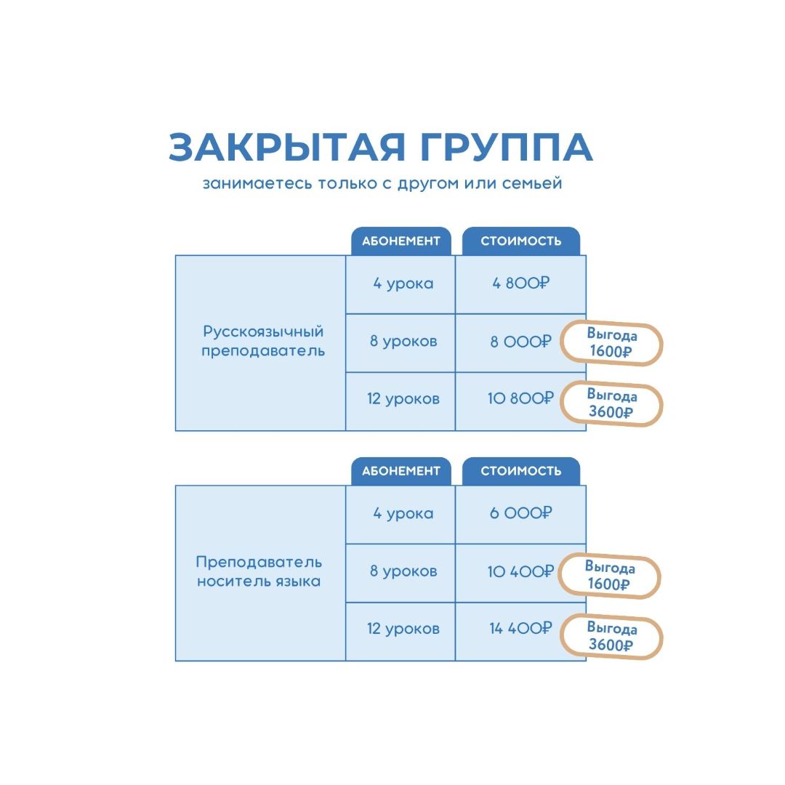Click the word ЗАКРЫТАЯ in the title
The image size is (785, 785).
coord(286,147)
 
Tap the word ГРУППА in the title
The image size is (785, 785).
coord(507,147)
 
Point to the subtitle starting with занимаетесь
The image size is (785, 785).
coord(382,183)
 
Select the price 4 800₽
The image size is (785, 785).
coord(520,283)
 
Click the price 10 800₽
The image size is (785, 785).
coord(520,398)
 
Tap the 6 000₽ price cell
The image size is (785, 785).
coord(520,513)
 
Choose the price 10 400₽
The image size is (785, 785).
coord(520,571)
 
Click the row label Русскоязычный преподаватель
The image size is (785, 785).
coord(263,341)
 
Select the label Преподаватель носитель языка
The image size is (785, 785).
coord(259,571)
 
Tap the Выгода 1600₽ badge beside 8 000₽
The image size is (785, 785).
coord(611,343)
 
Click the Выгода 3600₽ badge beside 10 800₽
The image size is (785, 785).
coord(611,404)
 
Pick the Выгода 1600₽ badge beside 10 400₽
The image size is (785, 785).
coord(609,576)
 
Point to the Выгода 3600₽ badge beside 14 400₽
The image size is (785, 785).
coord(611,636)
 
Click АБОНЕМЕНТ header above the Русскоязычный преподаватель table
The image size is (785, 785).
coord(401,241)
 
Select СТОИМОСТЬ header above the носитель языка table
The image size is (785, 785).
coord(520,471)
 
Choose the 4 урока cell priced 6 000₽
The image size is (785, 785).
coord(403,514)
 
